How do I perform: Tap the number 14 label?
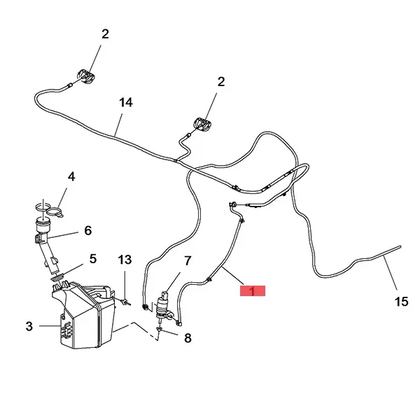coord(125,103)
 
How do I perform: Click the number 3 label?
coord(29,325)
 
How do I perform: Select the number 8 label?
coord(187,338)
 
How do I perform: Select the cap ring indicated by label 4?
coord(47,208)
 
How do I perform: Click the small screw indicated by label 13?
coord(125,302)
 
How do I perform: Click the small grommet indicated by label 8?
coord(160,329)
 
